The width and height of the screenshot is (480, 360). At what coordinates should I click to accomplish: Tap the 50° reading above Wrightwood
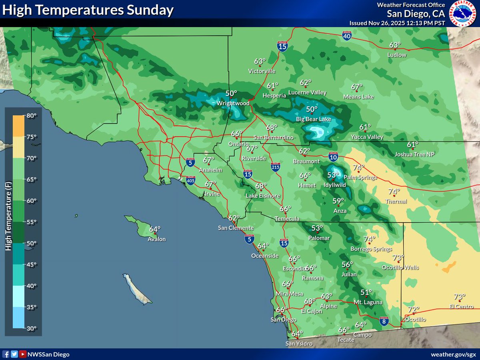point(231,94)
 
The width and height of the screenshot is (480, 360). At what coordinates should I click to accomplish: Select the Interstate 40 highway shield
point(347,36)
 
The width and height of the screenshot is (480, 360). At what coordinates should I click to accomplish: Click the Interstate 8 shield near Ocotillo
point(384,320)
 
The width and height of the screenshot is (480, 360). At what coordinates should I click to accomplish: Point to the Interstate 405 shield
point(190,180)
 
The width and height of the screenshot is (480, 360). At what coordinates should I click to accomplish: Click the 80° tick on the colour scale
point(32,116)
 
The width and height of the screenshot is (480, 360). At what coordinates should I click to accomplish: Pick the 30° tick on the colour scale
point(32,328)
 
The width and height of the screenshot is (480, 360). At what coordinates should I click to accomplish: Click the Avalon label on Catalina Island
point(156,239)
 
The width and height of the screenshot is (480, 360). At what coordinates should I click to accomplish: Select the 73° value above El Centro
point(459,297)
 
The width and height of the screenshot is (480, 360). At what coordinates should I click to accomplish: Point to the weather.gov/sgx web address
point(453,354)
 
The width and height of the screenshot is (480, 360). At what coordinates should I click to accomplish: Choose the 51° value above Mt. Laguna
point(366,292)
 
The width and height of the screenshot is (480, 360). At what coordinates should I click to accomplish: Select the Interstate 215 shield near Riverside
point(275,166)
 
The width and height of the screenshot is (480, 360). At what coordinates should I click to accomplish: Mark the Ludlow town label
point(397,55)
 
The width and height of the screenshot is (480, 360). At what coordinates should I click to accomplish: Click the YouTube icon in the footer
point(23,354)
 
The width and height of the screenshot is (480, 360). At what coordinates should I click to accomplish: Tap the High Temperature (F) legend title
point(8,216)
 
